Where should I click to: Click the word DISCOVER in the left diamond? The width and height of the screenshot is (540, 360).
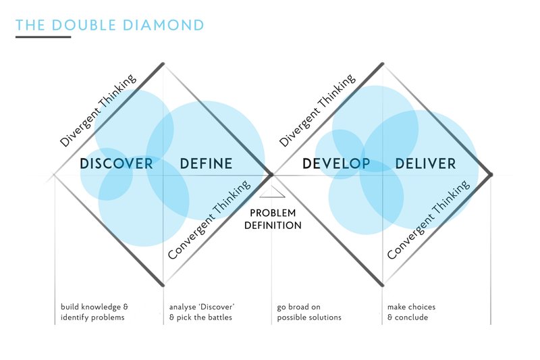coord(116,163)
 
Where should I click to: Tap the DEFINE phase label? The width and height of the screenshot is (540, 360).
coord(207,163)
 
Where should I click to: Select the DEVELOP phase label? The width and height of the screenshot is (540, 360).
coord(336,163)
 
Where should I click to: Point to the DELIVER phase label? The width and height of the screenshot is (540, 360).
coord(426,163)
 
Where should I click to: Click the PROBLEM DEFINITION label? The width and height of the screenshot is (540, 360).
coord(273,219)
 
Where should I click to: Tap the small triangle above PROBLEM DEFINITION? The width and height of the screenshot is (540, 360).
coord(272,192)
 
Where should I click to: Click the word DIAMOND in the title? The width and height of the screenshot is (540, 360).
coord(163,26)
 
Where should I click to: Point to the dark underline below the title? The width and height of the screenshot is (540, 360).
coord(43,37)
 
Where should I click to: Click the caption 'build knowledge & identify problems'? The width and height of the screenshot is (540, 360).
coord(94,312)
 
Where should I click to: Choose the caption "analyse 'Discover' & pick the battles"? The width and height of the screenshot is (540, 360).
coord(202,312)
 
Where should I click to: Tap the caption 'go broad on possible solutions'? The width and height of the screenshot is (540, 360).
coord(309,312)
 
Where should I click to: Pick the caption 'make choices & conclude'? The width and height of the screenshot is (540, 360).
coord(412,312)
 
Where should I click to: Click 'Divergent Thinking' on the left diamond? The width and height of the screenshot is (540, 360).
coord(98,110)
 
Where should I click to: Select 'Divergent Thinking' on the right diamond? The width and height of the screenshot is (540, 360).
coord(317,110)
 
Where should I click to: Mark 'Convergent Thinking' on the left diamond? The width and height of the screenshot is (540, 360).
coord(209,220)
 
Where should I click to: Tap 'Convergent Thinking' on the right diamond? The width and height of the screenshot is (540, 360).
coord(429,220)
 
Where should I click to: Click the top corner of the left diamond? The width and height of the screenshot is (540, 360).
coord(163,63)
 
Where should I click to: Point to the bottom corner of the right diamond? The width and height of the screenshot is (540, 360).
coord(382,285)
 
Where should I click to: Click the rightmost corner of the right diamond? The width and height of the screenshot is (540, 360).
coord(491,175)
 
